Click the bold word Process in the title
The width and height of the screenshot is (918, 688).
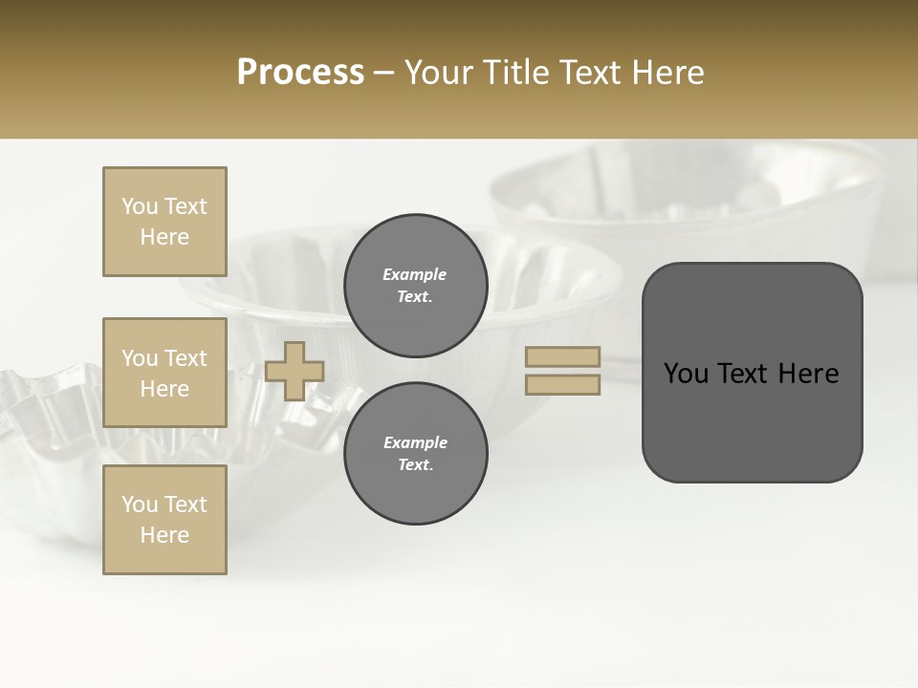tap(300, 73)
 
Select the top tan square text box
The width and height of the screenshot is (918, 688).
tap(164, 222)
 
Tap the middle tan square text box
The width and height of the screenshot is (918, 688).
tap(164, 373)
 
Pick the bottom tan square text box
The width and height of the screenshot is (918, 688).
tap(164, 520)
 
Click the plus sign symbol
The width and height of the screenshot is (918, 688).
tap(295, 371)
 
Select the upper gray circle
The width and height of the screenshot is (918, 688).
tap(415, 286)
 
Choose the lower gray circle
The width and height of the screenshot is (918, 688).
tap(415, 454)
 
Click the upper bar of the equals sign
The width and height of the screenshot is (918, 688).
tap(563, 356)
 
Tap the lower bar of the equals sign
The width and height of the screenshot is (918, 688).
tap(563, 384)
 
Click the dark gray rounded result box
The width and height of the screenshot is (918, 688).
tap(752, 420)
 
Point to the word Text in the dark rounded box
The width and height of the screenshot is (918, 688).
tap(751, 374)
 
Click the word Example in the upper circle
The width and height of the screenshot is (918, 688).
tap(415, 275)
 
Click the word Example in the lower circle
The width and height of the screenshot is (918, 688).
tap(415, 443)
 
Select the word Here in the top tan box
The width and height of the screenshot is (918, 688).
tap(164, 237)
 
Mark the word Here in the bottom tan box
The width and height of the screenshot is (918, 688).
tap(164, 535)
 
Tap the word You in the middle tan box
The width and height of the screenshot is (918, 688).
tap(140, 358)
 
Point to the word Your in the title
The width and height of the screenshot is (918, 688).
tap(441, 73)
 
